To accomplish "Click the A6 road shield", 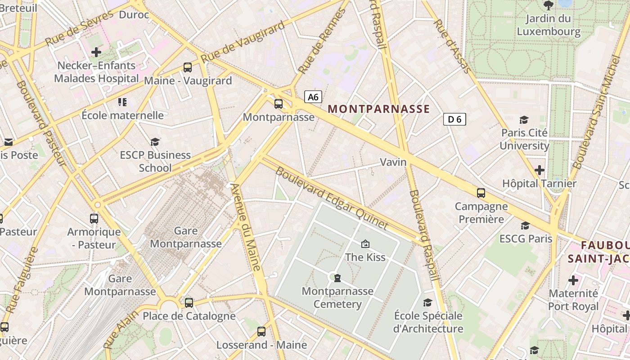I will click(313, 97).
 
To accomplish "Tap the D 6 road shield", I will click(454, 119).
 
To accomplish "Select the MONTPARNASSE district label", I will click(379, 109).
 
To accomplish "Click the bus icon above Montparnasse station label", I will click(279, 104).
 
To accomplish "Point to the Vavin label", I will click(393, 162).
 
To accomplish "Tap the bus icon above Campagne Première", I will click(481, 193).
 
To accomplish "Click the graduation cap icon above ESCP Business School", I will click(155, 142).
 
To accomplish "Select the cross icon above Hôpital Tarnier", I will click(539, 170).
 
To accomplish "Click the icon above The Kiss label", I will click(365, 244).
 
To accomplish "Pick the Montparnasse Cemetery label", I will click(337, 297).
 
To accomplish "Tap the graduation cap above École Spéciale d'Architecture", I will click(427, 302).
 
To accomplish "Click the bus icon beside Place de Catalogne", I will click(189, 302).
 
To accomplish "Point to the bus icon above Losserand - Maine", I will click(261, 332).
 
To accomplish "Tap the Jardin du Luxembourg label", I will click(549, 25).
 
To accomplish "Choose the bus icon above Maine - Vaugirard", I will click(188, 67).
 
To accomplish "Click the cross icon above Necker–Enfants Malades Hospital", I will click(96, 52).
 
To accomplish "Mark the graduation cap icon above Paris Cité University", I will click(524, 120).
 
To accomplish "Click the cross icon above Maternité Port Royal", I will click(573, 280).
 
